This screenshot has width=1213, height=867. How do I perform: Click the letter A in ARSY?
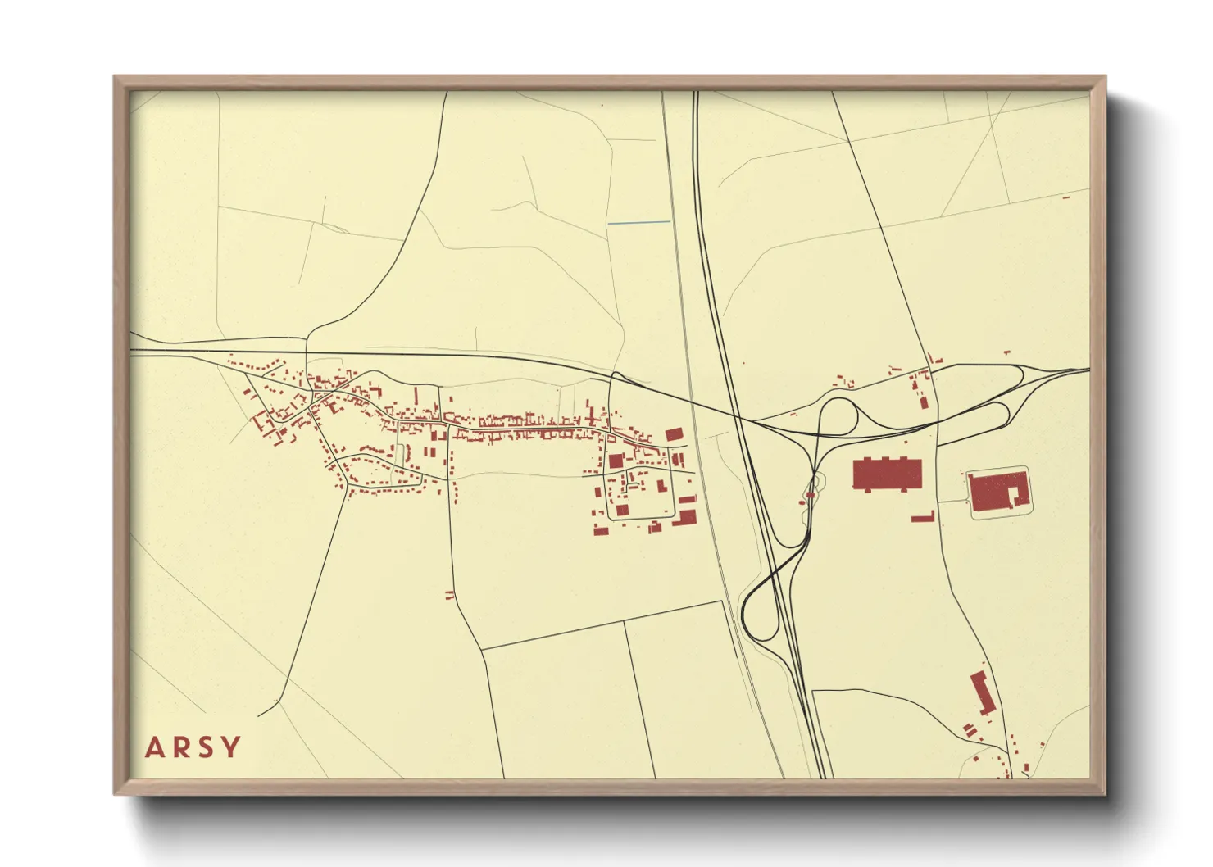point(154,747)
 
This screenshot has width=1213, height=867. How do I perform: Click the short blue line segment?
point(638,222)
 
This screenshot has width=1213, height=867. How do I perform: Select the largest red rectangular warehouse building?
point(888,474)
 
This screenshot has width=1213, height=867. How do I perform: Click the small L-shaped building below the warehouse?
point(924,516)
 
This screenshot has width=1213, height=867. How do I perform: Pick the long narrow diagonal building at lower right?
point(982,693)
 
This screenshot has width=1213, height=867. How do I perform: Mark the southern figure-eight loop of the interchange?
point(762,606)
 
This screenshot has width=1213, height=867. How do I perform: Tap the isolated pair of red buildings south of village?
point(448,595)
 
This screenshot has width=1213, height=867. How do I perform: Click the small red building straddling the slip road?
point(810,495)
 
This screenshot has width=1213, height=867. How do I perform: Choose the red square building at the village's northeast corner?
point(674,434)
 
